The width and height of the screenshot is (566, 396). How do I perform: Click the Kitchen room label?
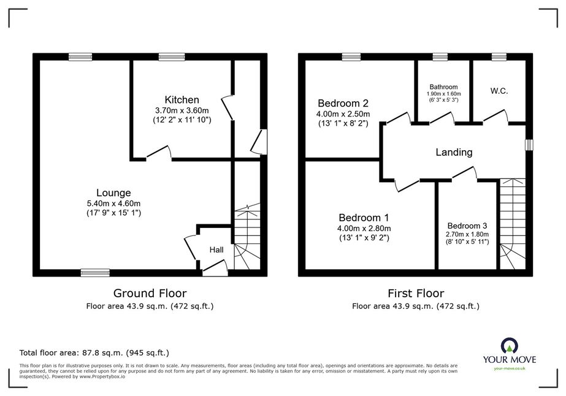(x=182, y=100)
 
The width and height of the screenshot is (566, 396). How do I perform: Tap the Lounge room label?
(x=113, y=192)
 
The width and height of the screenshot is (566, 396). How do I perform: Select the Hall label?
(x=216, y=250)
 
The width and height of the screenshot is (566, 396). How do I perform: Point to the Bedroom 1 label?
(x=364, y=218)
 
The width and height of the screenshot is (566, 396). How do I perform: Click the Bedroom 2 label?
(x=343, y=103)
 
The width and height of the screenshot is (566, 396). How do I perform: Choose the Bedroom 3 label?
(x=467, y=226)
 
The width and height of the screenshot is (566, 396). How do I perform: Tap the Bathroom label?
(x=443, y=87)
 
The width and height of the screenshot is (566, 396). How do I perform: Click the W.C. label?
(x=499, y=91)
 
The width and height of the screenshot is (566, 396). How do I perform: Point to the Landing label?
(x=454, y=153)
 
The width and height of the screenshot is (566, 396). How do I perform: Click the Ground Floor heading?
(x=150, y=293)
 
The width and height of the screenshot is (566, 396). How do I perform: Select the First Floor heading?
(x=416, y=293)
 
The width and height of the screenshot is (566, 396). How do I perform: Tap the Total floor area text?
(x=94, y=352)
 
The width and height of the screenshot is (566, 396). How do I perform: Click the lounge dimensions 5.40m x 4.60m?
(x=113, y=204)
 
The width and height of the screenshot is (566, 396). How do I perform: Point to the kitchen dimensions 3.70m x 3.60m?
(x=182, y=110)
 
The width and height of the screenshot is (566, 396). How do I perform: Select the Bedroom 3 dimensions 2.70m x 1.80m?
(x=467, y=234)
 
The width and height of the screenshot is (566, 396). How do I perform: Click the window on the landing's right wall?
(x=529, y=145)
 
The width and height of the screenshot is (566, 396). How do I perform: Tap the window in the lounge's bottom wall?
(x=95, y=273)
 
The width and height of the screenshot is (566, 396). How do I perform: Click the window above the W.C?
(x=499, y=56)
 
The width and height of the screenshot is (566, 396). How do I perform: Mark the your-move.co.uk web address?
(x=510, y=368)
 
